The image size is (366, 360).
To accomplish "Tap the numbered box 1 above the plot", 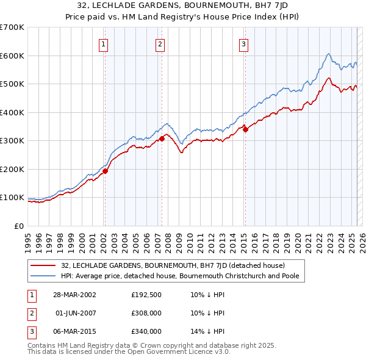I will pos(104,44).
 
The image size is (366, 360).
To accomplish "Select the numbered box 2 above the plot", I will pos(160,44).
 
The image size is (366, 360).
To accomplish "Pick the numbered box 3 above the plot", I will pos(243,44).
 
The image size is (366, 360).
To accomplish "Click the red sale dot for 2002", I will pos(105,171).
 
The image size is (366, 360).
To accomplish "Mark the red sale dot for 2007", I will pos(162,139).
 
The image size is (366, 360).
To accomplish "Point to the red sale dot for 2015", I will pos(245,129).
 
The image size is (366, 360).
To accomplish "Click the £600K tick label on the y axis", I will pos(12,56).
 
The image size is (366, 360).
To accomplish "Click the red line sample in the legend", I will pos(44,265).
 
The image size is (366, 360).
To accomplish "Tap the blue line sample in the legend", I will pos(44,276).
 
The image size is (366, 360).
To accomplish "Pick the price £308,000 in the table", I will pos(146,313).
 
